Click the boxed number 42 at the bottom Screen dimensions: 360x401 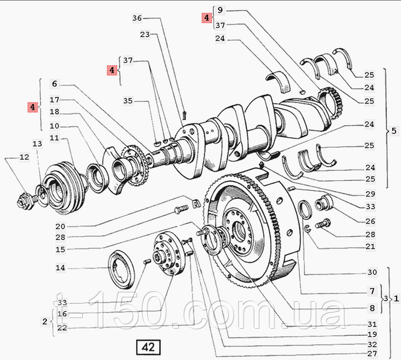point(148,346)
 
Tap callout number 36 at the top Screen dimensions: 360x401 point(138,18)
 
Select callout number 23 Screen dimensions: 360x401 point(145,36)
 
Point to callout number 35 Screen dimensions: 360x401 point(128,100)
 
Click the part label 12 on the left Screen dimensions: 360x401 point(24,157)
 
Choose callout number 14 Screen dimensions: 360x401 point(60,268)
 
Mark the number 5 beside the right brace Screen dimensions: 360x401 point(393,131)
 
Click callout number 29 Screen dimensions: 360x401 point(370,194)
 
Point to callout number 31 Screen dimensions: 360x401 point(372,324)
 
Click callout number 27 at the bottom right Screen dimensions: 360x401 point(372,353)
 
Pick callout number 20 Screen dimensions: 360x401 point(60,226)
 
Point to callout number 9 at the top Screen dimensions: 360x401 point(221,10)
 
